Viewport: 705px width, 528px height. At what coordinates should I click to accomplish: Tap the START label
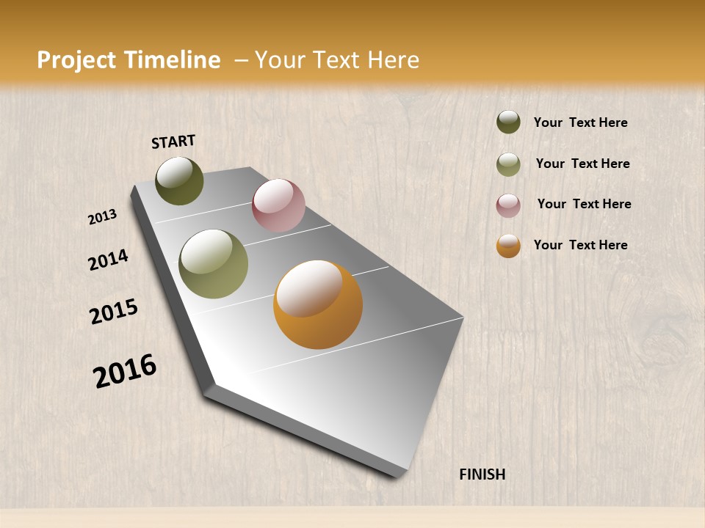pyautogui.click(x=173, y=142)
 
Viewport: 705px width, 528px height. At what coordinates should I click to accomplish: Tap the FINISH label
pyautogui.click(x=482, y=474)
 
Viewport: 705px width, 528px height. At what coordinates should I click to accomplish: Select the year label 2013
pyautogui.click(x=103, y=217)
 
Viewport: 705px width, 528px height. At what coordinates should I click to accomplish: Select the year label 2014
pyautogui.click(x=108, y=260)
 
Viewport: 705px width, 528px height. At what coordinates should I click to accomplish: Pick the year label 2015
pyautogui.click(x=114, y=312)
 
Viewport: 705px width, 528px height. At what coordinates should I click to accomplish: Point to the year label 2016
pyautogui.click(x=125, y=370)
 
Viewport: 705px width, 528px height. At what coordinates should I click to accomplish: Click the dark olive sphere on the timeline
pyautogui.click(x=179, y=181)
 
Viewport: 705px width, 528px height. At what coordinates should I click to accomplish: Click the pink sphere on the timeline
pyautogui.click(x=278, y=205)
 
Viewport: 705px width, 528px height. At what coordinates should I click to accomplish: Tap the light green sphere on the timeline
pyautogui.click(x=214, y=264)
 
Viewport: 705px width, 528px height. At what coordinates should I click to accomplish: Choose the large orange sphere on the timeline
pyautogui.click(x=318, y=304)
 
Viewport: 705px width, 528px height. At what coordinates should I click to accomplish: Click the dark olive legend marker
pyautogui.click(x=508, y=122)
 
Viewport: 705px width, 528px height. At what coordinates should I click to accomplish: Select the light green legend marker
pyautogui.click(x=508, y=164)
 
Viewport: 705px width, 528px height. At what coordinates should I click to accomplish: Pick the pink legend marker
pyautogui.click(x=508, y=205)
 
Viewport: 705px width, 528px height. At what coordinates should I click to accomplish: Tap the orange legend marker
pyautogui.click(x=508, y=246)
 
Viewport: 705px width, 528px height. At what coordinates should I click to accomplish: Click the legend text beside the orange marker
pyautogui.click(x=580, y=245)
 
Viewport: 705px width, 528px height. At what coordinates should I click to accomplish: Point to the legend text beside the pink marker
pyautogui.click(x=584, y=204)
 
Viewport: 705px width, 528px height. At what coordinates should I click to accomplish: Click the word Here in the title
pyautogui.click(x=393, y=60)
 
